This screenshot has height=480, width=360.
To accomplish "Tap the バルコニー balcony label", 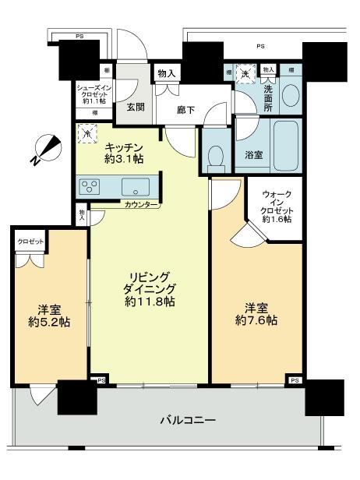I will [188, 419].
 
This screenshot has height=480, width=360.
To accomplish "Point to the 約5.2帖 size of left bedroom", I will [49, 321].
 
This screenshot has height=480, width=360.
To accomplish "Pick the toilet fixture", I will [217, 155].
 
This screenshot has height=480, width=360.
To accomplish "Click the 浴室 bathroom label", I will [253, 155].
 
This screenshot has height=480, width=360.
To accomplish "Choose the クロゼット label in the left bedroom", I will [31, 243].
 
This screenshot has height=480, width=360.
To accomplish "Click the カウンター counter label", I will [140, 204].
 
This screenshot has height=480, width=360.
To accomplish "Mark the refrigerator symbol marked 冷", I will [86, 133].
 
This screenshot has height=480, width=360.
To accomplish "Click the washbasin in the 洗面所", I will [290, 97].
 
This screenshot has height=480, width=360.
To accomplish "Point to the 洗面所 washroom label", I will [267, 94].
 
